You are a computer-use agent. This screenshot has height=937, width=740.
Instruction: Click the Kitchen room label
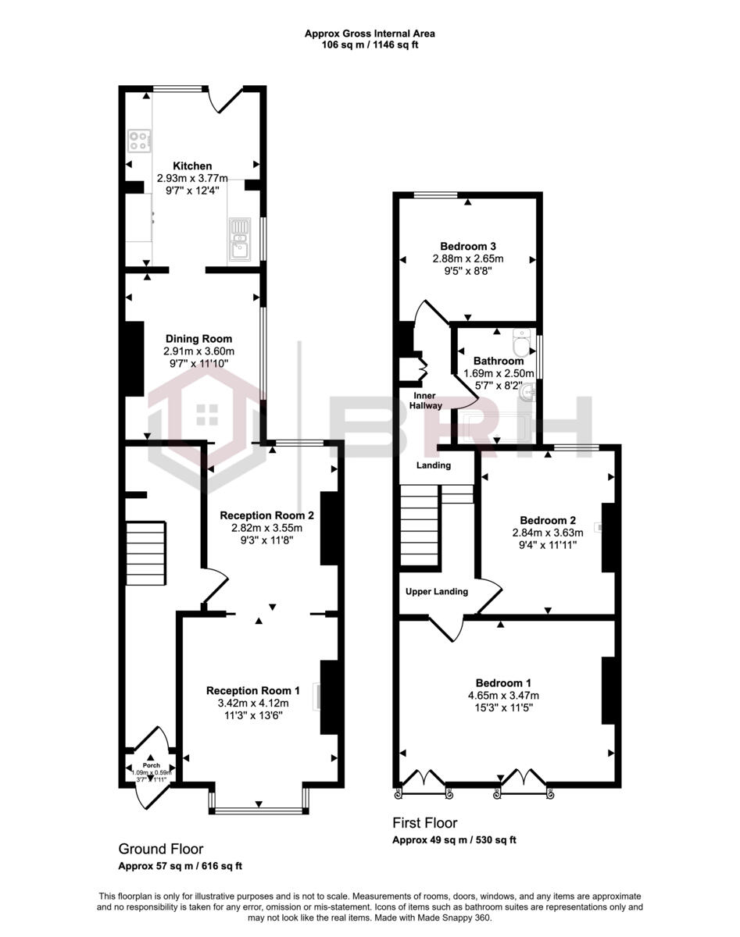[x=192, y=166]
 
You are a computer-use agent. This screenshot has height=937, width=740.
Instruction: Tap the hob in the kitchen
[x=139, y=140]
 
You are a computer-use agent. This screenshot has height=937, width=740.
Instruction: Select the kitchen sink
[x=239, y=239]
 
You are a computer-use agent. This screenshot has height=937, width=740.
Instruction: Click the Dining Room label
[x=198, y=339]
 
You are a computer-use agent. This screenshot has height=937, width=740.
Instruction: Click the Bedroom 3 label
[x=468, y=246]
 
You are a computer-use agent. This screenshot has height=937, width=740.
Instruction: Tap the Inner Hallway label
[x=427, y=401]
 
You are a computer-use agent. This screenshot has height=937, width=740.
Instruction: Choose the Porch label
[x=150, y=765]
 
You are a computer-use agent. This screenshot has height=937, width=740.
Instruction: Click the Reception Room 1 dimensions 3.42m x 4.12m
[x=253, y=703]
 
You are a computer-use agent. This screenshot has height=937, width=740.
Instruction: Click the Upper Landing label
[x=437, y=591]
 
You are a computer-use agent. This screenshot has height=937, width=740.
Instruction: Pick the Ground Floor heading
[x=161, y=849]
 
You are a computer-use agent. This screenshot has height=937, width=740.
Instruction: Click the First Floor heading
[x=424, y=823]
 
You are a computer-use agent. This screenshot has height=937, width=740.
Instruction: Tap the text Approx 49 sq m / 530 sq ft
[x=454, y=841]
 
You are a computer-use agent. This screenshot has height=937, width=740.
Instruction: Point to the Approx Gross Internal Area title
[x=370, y=34]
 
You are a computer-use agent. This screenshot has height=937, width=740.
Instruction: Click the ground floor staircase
[x=146, y=553]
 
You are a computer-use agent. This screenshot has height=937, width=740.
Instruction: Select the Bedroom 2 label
[x=548, y=521]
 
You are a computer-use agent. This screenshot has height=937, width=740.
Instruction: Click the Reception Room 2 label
[x=267, y=515]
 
